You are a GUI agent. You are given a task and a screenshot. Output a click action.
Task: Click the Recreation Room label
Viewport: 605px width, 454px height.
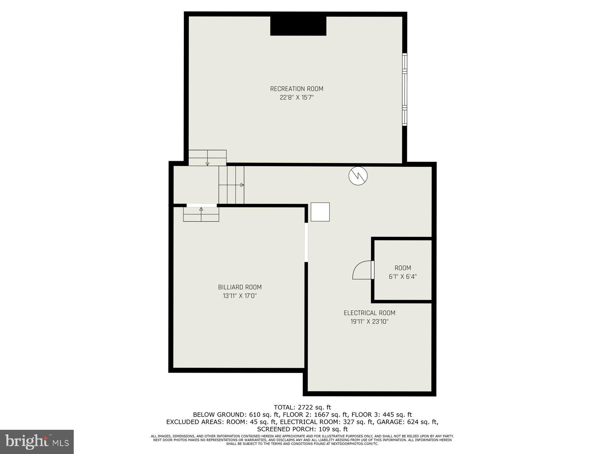pyautogui.click(x=296, y=89)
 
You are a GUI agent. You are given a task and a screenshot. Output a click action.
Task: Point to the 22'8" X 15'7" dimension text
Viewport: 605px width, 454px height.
pyautogui.click(x=296, y=98)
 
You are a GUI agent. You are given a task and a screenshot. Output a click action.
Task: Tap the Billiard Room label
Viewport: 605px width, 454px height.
pyautogui.click(x=240, y=287)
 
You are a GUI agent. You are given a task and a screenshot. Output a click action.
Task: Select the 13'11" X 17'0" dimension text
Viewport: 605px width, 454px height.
pyautogui.click(x=240, y=296)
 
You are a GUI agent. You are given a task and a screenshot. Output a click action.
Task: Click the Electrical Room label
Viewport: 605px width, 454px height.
pyautogui.click(x=369, y=313)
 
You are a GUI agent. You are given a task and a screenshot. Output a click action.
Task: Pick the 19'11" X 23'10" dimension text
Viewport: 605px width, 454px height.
pyautogui.click(x=369, y=322)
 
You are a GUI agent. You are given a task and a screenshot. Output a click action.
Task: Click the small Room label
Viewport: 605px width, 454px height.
pyautogui.click(x=403, y=268)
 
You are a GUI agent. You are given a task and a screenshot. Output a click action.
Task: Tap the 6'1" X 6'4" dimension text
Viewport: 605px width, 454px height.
pyautogui.click(x=403, y=277)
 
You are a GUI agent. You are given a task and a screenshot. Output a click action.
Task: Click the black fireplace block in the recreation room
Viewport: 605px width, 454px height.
pyautogui.click(x=298, y=26)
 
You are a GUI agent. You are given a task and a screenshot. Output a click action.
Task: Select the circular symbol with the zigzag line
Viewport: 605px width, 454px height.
pyautogui.click(x=358, y=176)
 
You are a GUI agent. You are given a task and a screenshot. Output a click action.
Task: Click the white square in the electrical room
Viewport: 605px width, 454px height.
pyautogui.click(x=320, y=212)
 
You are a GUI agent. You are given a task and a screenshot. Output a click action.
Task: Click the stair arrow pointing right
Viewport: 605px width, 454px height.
pyautogui.click(x=242, y=185)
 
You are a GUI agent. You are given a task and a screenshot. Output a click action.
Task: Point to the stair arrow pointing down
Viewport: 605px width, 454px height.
pyautogui.click(x=208, y=163)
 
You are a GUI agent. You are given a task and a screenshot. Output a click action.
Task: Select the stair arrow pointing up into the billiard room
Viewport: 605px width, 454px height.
pyautogui.click(x=201, y=209)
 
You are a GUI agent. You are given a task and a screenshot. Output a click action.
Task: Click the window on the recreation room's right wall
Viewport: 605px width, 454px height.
pyautogui.click(x=405, y=89)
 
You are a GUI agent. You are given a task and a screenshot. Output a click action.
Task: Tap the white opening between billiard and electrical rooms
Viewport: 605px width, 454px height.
pyautogui.click(x=306, y=242)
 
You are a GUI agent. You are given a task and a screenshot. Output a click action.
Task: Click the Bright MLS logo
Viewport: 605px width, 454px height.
pyautogui.click(x=37, y=442)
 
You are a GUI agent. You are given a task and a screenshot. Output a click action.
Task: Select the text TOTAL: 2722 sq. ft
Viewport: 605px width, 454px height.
pyautogui.click(x=302, y=407)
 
